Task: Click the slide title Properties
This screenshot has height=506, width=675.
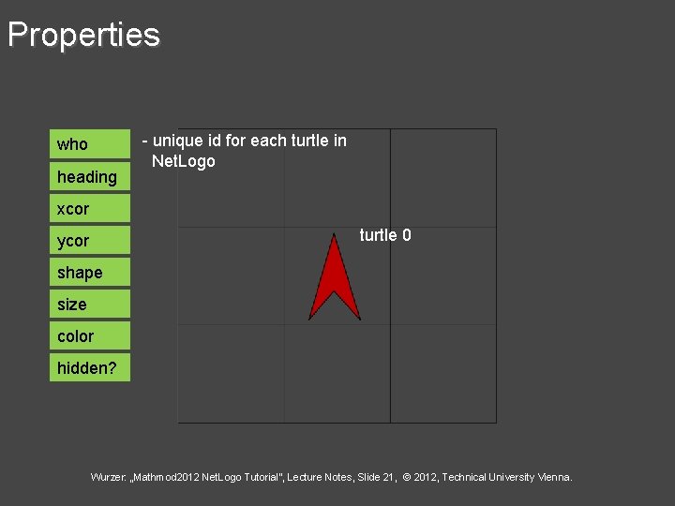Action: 83,35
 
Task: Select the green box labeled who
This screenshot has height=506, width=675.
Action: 90,144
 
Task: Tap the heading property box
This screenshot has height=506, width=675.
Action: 90,176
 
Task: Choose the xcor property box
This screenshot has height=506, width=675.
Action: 90,208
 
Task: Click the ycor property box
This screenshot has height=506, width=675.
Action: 90,240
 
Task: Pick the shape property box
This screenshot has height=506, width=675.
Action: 90,272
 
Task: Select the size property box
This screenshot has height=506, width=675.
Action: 90,304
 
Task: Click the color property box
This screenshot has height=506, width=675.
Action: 90,335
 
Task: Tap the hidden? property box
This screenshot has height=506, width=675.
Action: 90,367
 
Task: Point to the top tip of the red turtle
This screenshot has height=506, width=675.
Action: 335,235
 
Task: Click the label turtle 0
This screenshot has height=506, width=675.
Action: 384,235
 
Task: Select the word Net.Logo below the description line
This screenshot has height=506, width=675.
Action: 183,161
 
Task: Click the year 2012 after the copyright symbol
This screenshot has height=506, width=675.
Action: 427,478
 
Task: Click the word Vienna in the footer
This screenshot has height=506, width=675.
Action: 555,478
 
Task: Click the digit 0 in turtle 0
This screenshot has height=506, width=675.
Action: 406,235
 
